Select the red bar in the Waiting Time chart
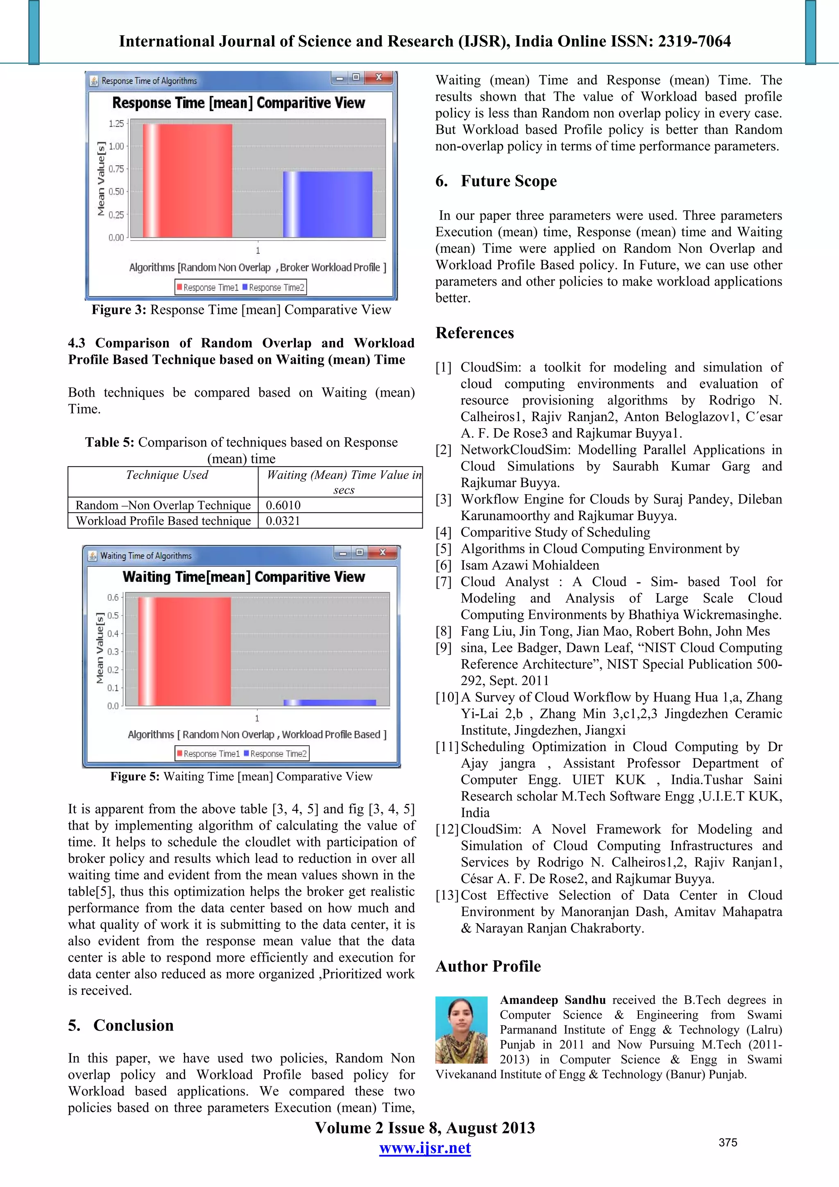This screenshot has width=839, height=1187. click(x=184, y=651)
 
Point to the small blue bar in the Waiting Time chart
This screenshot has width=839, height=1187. click(x=330, y=703)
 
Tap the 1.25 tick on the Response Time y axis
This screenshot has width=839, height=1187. click(x=116, y=124)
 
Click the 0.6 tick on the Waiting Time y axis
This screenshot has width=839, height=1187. click(x=113, y=598)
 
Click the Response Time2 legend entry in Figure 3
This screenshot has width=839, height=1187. click(x=276, y=288)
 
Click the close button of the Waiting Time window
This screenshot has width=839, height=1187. click(x=382, y=553)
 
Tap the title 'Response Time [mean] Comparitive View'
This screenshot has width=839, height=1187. click(x=238, y=103)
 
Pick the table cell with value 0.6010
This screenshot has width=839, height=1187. click(x=283, y=505)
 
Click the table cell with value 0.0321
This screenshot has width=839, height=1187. click(x=283, y=521)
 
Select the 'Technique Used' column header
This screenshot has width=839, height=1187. click(x=167, y=475)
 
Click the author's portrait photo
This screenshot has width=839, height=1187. click(x=461, y=1029)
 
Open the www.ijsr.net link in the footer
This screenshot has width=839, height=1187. click(x=424, y=1148)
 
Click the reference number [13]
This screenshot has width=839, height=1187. click(x=447, y=895)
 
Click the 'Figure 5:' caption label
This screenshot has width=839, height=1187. click(x=134, y=776)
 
